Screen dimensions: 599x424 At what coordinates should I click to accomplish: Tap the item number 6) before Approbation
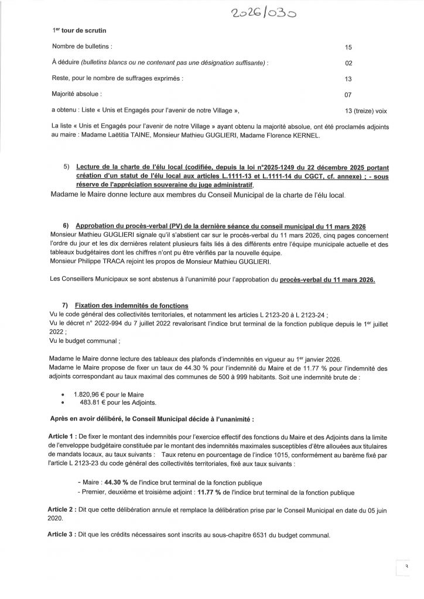tap(66, 226)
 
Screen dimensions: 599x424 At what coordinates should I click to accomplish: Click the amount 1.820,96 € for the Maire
tap(88, 394)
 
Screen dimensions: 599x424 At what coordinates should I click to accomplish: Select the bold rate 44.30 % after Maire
tap(117, 482)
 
